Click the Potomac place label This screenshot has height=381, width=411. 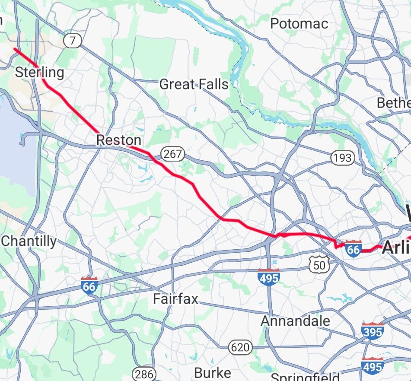click(x=299, y=24)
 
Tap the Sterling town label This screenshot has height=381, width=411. click(x=39, y=72)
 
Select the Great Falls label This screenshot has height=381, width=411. click(x=194, y=84)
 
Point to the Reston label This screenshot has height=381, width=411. click(x=118, y=140)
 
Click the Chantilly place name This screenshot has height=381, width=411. click(x=29, y=241)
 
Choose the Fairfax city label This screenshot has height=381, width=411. click(x=175, y=299)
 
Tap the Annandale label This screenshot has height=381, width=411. click(x=296, y=321)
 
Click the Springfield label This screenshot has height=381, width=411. click(x=305, y=376)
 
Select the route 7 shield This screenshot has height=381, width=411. click(x=72, y=41)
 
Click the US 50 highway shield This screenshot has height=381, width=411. click(x=319, y=264)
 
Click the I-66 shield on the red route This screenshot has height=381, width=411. click(x=353, y=248)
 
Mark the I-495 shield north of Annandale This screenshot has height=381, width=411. click(x=268, y=277)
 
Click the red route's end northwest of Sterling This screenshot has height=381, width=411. click(x=14, y=49)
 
